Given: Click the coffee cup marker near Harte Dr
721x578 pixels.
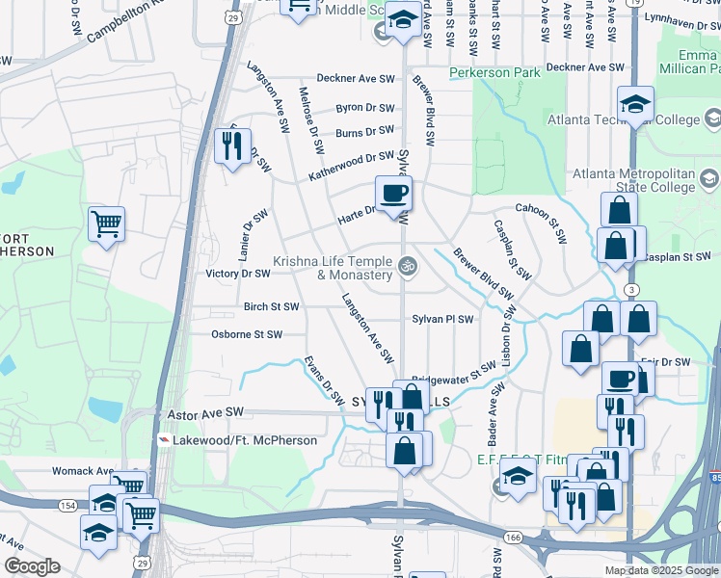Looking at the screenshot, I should [x=393, y=194].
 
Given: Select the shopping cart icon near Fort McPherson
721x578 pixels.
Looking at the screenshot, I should [x=106, y=224].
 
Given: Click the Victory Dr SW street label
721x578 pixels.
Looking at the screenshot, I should [x=238, y=274].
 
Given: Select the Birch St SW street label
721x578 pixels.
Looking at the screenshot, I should [x=271, y=306].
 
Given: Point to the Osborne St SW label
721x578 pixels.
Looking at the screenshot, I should [x=247, y=334].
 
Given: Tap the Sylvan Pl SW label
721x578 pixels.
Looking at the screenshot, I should [x=442, y=319].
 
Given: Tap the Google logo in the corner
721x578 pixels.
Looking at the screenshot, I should [x=31, y=566].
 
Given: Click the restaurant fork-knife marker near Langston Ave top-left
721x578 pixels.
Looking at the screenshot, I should [x=232, y=145].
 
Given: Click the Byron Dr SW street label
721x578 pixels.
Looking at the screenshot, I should [x=364, y=109].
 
